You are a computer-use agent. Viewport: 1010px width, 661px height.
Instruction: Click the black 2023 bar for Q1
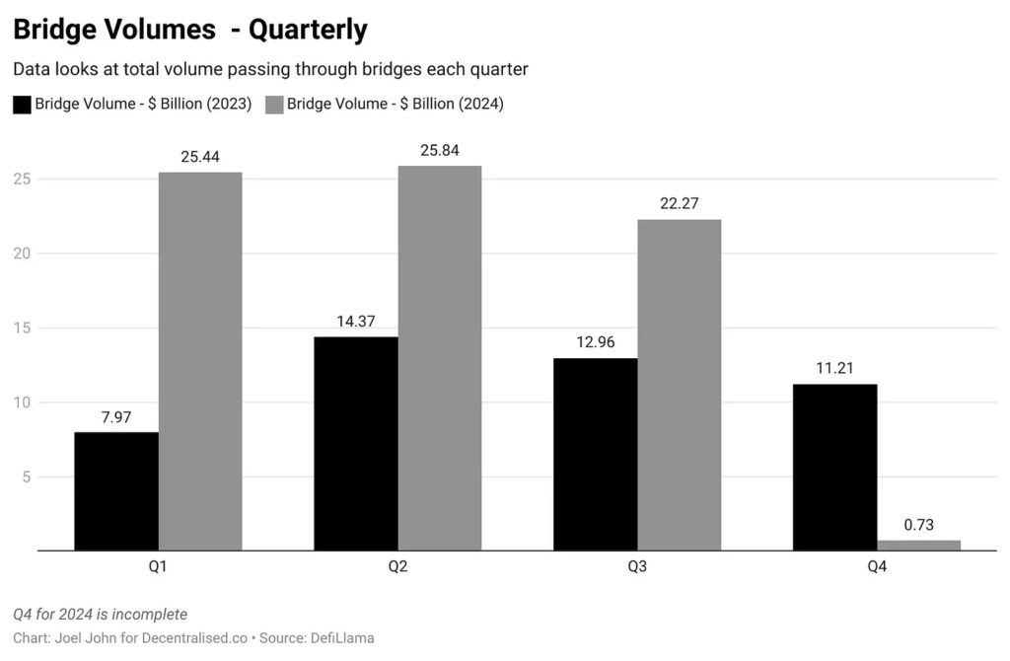tap(116, 490)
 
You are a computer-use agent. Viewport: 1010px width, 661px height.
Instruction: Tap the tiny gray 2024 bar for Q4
tap(918, 545)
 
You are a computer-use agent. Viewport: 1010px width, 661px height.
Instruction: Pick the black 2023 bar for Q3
tap(595, 454)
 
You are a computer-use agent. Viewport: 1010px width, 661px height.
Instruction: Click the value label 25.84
tap(439, 150)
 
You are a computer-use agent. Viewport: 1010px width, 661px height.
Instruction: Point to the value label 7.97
tap(116, 416)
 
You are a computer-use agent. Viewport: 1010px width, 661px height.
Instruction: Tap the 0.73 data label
tap(918, 525)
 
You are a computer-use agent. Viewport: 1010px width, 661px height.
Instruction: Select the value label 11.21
tap(834, 369)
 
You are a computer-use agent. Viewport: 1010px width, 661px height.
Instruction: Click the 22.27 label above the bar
tap(679, 204)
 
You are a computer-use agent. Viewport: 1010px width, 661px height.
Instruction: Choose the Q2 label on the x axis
tap(398, 567)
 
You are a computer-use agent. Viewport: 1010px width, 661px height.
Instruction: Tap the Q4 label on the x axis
tap(877, 567)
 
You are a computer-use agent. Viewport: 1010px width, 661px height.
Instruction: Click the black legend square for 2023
tap(21, 105)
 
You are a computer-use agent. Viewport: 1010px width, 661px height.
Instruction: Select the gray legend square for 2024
tap(273, 105)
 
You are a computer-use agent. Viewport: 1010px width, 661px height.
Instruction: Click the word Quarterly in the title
tap(308, 30)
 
